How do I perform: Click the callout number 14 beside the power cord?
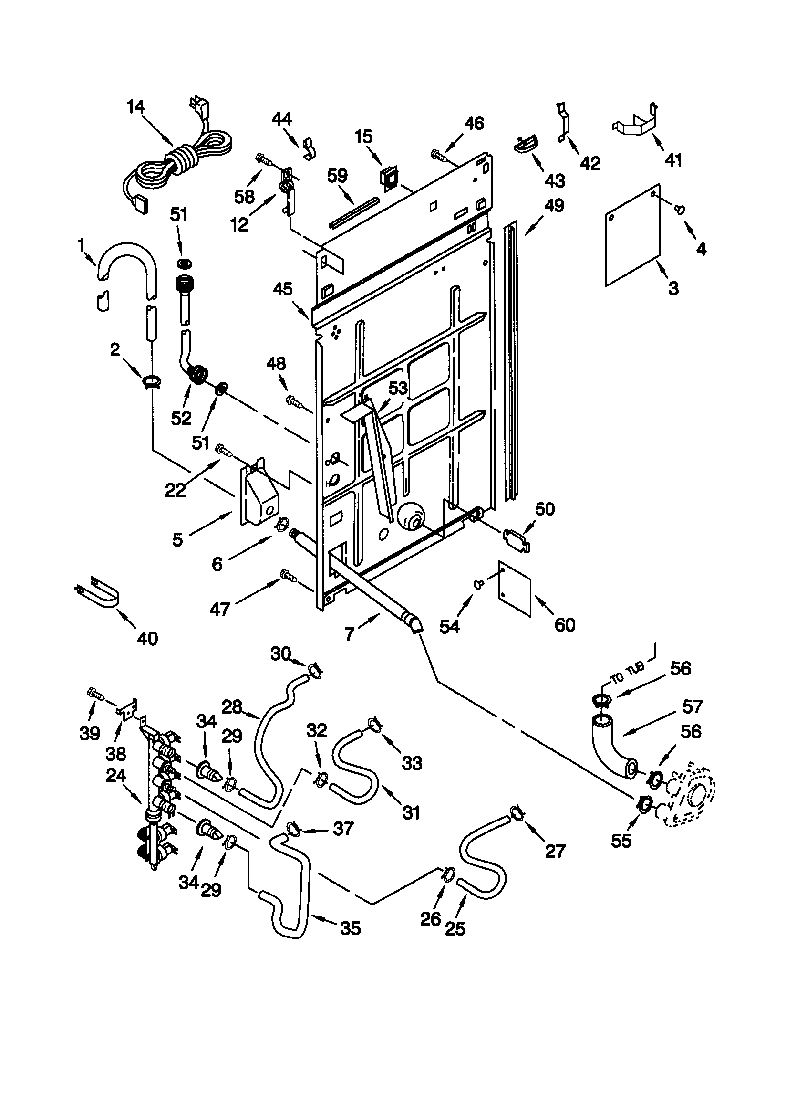pos(136,107)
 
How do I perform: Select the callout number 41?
pos(673,159)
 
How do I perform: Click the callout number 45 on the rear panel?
pos(283,289)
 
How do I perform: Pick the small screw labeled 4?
pos(680,210)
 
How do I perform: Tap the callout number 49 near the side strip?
pos(554,205)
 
